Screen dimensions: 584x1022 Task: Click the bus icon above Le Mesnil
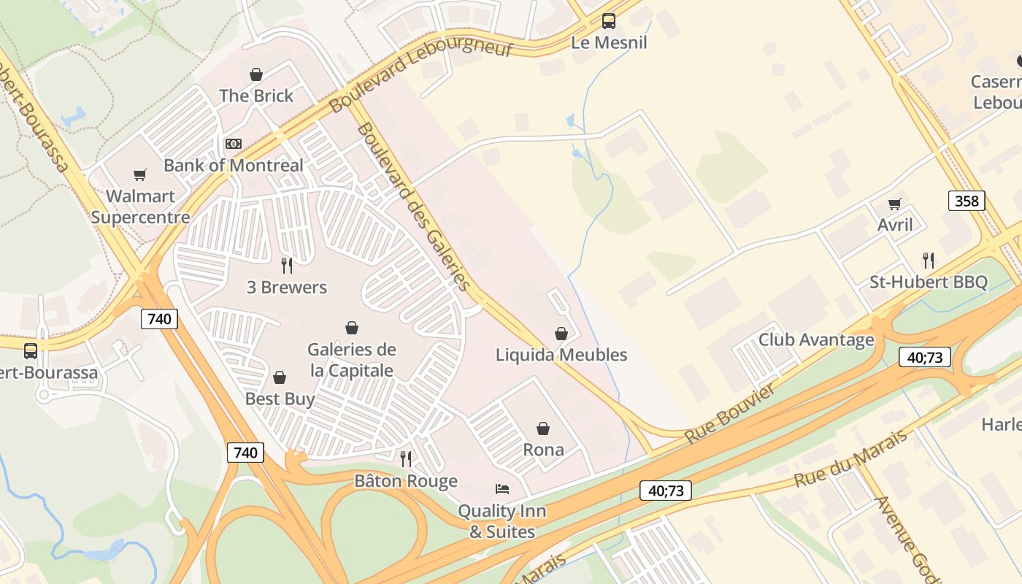pos(608,21)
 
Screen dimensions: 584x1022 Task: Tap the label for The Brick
pos(256,96)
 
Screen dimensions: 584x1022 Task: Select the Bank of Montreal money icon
pos(234,144)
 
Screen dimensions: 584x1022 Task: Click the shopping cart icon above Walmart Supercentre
pos(140,174)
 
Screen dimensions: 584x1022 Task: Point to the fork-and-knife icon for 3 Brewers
pos(287,265)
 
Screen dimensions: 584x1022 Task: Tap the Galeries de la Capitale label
pos(352,360)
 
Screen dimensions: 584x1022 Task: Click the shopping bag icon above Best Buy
pos(279,377)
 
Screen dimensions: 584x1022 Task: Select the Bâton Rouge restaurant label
pos(406,481)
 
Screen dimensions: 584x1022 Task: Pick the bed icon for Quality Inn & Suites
pos(502,489)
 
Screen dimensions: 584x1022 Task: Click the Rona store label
pos(543,450)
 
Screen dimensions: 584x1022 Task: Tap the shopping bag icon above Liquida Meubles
pos(561,334)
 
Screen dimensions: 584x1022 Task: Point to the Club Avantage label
pos(816,339)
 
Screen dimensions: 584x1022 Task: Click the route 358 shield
pos(967,201)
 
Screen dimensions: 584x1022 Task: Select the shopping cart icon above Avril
pos(895,204)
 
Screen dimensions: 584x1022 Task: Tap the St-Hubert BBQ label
pos(928,283)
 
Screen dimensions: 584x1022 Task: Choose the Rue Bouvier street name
pos(730,414)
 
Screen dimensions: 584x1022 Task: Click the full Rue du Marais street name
pos(850,458)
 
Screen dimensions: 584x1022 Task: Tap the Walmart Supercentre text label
pos(140,207)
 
